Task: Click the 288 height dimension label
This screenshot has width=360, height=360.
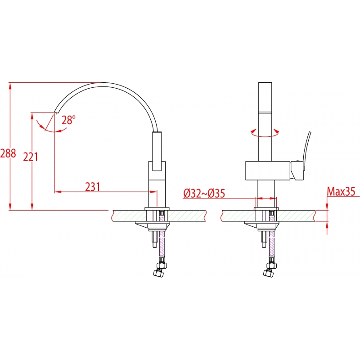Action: pos(8,153)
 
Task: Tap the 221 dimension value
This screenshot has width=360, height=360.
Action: pos(31,157)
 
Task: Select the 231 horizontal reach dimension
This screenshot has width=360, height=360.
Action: pos(93,187)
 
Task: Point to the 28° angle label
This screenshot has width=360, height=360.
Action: pos(68,120)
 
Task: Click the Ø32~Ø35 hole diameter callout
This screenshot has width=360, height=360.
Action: pos(204,193)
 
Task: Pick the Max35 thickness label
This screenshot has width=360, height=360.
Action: pos(341,191)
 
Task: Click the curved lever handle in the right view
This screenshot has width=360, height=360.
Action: pos(307,151)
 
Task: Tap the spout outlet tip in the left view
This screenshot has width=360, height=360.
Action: pos(56,112)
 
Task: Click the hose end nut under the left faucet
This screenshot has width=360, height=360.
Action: pos(158,273)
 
